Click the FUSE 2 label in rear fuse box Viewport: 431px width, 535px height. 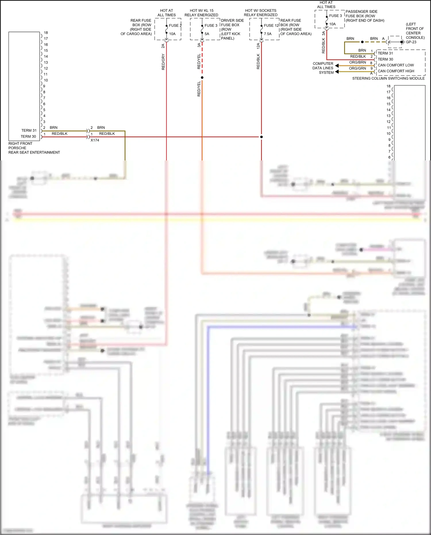(x=175, y=25)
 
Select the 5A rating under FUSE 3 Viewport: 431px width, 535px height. (x=207, y=34)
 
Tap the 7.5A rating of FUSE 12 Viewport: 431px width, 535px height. (x=268, y=34)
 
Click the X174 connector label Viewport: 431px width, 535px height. (x=95, y=140)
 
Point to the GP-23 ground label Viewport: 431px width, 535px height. (x=411, y=42)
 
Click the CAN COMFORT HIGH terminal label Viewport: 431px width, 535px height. (x=396, y=71)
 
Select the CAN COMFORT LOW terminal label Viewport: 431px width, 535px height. (x=396, y=65)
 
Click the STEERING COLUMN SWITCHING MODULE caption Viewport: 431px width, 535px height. (x=388, y=78)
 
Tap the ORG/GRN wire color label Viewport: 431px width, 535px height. (x=357, y=68)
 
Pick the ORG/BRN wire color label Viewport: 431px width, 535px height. (x=357, y=62)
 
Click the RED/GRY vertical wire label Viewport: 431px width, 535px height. (x=163, y=62)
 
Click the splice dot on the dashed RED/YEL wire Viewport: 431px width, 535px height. (x=202, y=78)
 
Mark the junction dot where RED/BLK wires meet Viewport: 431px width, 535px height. (x=261, y=137)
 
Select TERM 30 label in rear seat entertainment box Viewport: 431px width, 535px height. (x=28, y=137)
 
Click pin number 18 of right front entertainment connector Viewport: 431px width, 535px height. (x=46, y=33)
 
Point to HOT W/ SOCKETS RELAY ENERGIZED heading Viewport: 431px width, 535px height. (x=261, y=13)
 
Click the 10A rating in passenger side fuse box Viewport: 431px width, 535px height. (x=332, y=24)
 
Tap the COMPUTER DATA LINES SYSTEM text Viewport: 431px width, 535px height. (x=323, y=68)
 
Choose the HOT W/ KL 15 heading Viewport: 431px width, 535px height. (x=201, y=10)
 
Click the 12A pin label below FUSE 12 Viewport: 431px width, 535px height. (x=258, y=46)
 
